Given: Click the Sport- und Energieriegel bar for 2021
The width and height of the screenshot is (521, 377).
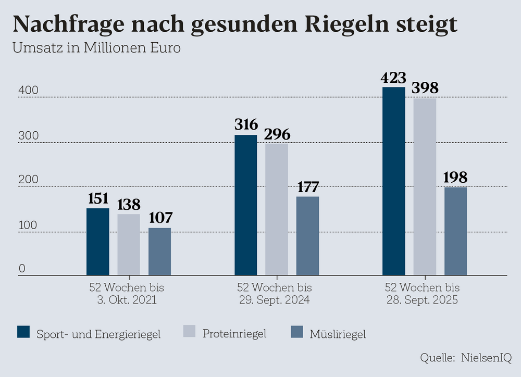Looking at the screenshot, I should pyautogui.click(x=98, y=242).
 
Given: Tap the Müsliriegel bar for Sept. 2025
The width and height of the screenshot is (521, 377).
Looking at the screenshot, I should pyautogui.click(x=455, y=231).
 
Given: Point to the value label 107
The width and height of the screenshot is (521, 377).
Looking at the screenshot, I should pyautogui.click(x=159, y=218).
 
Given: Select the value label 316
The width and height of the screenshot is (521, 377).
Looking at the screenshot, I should pyautogui.click(x=246, y=125).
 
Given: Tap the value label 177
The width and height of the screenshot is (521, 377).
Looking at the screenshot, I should pyautogui.click(x=307, y=186).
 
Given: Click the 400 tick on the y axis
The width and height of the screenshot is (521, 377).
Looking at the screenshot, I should pyautogui.click(x=29, y=90).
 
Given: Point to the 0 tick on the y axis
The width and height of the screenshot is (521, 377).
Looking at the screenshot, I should pyautogui.click(x=22, y=269).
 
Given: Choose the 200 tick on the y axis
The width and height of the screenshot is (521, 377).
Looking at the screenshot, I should pyautogui.click(x=29, y=180).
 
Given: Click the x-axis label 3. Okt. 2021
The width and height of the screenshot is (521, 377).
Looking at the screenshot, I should pyautogui.click(x=127, y=300).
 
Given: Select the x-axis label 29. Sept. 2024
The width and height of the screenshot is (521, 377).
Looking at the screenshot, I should pyautogui.click(x=274, y=300).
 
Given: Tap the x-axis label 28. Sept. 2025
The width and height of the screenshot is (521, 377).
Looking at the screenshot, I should pyautogui.click(x=422, y=300).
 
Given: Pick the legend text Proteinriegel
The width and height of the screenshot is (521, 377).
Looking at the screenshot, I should pyautogui.click(x=234, y=333).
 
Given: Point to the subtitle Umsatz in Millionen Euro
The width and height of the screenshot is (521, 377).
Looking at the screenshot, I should pyautogui.click(x=96, y=49).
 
